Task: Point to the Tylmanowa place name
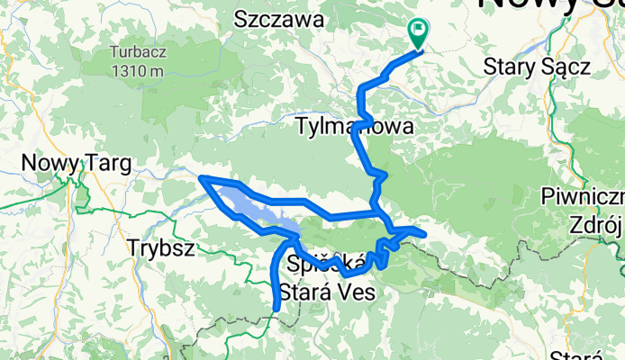pos(341,128)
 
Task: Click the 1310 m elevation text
pos(137,71)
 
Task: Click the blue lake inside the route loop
pos(252,205)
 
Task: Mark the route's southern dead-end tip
pos(276,309)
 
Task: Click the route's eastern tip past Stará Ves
pos(423,235)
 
